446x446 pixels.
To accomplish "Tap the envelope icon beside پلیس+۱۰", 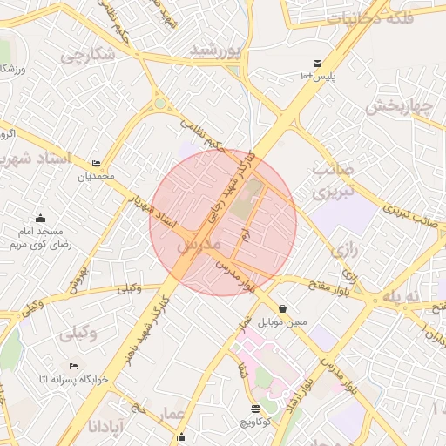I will pos(318,64).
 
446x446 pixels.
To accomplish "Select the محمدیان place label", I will pos(96,177).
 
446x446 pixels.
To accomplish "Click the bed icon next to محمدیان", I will pos(96,164).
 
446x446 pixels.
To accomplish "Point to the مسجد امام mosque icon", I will pos(40,219).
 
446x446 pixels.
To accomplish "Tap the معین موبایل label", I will pos(284,322).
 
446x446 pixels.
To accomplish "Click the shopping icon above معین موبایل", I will pos(283,308).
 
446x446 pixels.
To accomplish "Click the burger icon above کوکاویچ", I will pos(255,408).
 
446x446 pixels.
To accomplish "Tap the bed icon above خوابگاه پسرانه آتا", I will pos(73,367).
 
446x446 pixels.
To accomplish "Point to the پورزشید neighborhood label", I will pos(214,51).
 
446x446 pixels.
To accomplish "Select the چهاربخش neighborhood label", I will pos(398,107).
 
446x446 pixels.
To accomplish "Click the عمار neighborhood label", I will pos(172,412).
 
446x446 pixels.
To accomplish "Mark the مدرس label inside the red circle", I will pos(195,247).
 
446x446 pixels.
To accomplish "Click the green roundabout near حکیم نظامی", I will pos(160,105).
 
